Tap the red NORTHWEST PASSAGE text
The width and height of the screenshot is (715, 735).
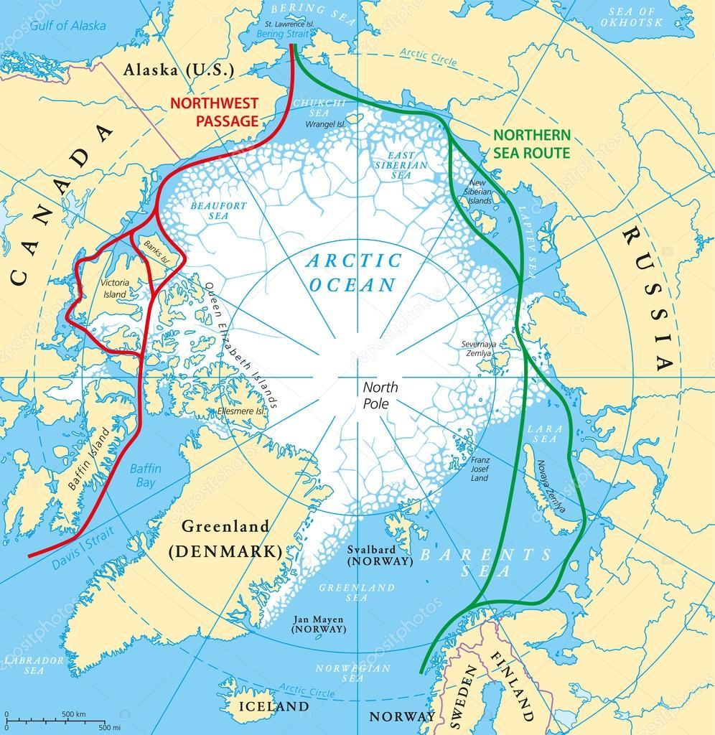pos(213,112)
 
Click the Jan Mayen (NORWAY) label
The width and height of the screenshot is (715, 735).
pos(319,622)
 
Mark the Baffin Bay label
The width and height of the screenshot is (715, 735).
pos(146,475)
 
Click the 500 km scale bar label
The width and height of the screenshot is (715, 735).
pos(73,714)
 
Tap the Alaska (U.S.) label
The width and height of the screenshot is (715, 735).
pos(179,70)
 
